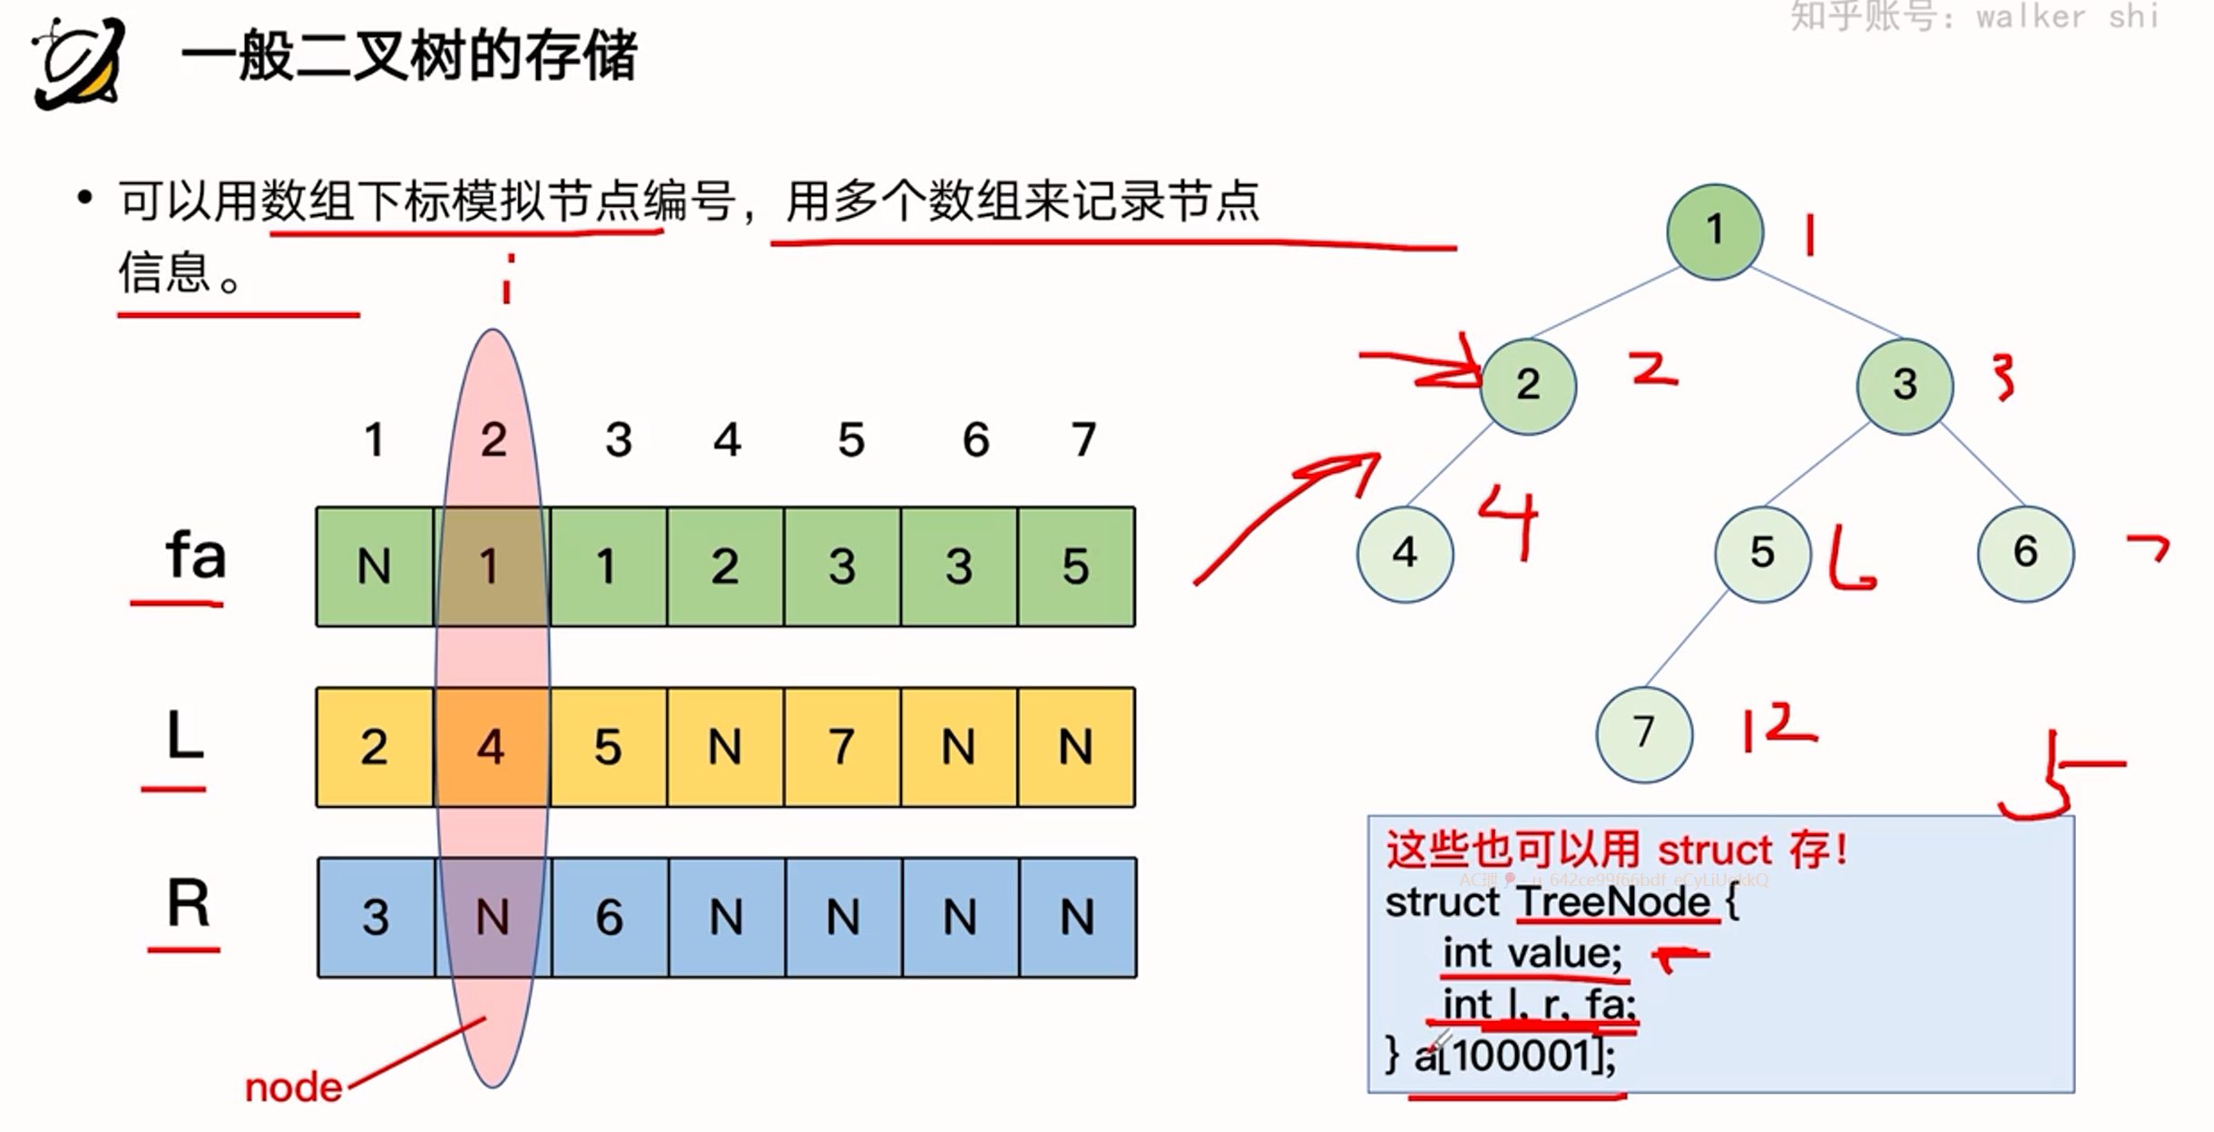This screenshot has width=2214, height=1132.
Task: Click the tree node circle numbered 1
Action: point(1714,231)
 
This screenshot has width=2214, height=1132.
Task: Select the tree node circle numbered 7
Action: point(1643,733)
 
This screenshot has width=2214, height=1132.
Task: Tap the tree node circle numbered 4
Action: point(1405,553)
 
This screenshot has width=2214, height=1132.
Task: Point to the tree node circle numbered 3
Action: point(1905,385)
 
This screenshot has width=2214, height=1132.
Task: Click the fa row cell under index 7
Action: point(1076,566)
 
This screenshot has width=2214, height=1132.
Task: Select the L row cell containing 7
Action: point(842,747)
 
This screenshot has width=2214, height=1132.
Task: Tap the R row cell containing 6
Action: point(610,917)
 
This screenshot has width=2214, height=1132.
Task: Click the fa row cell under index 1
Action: point(375,566)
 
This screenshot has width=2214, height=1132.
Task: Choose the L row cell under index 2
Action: point(492,747)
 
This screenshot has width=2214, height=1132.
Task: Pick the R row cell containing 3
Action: point(376,917)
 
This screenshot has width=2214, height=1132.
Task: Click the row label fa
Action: point(195,556)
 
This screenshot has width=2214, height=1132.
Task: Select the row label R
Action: point(188,904)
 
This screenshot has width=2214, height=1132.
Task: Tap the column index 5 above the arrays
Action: point(851,440)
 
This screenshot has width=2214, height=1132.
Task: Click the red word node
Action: point(293,1088)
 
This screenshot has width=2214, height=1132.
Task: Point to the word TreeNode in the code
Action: point(1613,902)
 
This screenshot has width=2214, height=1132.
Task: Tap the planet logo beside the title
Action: point(78,62)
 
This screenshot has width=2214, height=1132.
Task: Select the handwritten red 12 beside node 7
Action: point(1777,728)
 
